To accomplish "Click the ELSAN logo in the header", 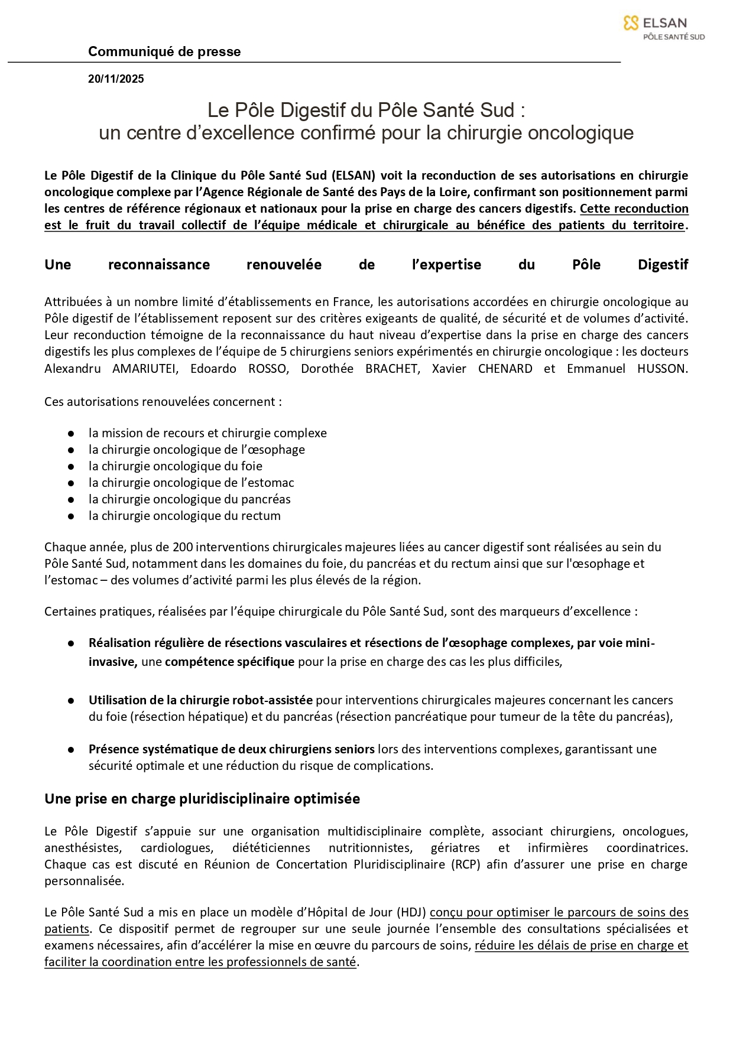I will pyautogui.click(x=663, y=27).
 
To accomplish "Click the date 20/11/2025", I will pyautogui.click(x=116, y=79).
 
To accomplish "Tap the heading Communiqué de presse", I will pyautogui.click(x=164, y=51).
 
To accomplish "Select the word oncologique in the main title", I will pyautogui.click(x=580, y=133).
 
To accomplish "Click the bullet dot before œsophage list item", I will pyautogui.click(x=71, y=450).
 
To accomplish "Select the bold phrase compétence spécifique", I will pyautogui.click(x=229, y=662).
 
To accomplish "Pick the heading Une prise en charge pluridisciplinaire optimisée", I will pyautogui.click(x=202, y=799).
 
